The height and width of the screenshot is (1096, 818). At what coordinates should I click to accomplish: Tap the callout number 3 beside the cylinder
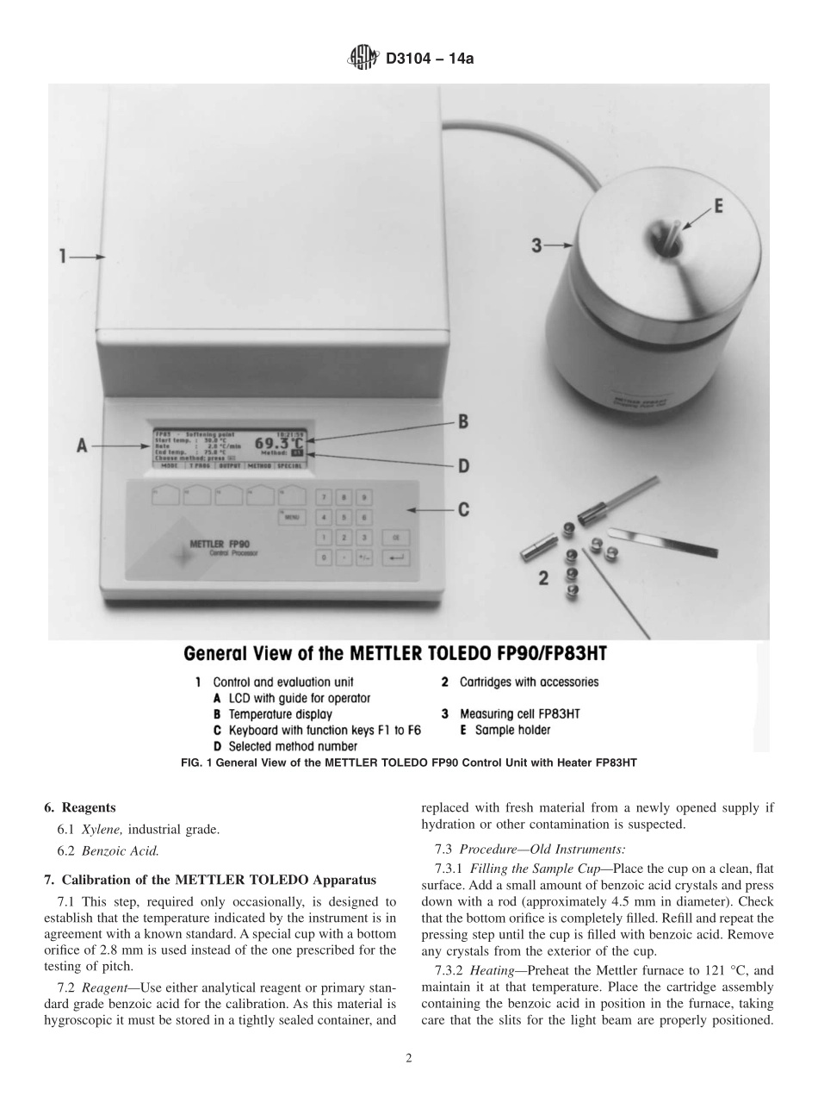[536, 246]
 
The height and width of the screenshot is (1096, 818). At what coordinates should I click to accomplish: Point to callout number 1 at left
[64, 256]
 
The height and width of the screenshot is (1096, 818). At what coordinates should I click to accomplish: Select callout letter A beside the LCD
[83, 445]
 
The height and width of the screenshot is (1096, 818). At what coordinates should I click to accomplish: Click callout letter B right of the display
[462, 421]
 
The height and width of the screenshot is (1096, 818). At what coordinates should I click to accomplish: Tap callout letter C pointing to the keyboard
[462, 509]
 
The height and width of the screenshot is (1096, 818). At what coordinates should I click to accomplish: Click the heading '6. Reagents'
[79, 808]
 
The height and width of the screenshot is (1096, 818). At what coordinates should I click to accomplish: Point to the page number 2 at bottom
[409, 1059]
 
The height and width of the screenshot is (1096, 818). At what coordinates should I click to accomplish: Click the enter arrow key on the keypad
[397, 558]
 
